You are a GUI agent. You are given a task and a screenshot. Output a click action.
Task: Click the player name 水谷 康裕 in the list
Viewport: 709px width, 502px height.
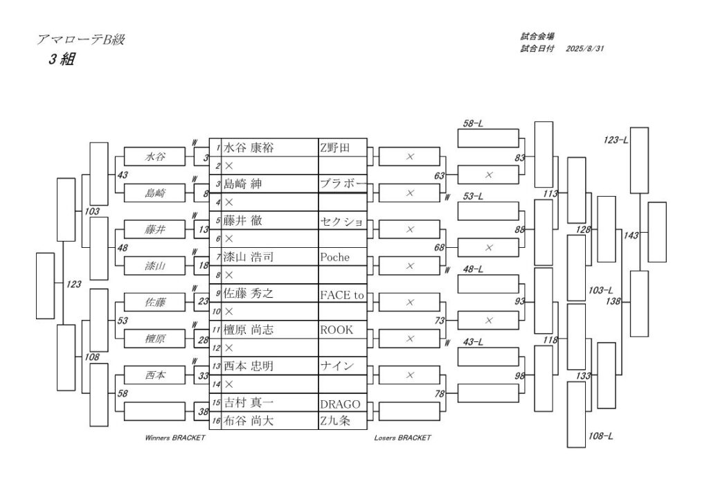coord(249,147)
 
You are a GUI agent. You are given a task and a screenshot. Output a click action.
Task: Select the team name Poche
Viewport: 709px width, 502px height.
coord(335,257)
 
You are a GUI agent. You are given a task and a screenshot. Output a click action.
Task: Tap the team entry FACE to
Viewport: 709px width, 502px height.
coord(341,294)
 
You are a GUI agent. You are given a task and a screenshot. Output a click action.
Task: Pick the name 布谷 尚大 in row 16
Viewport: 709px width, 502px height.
coord(249,420)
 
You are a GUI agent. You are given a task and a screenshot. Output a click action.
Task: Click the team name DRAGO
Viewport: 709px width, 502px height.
coord(339,404)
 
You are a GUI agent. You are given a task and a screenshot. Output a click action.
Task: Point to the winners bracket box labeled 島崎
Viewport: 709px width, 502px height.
coord(154,193)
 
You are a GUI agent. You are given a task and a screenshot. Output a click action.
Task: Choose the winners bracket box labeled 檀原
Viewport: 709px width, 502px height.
coord(154,339)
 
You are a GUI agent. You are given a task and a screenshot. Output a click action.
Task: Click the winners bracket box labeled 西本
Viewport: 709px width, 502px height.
coord(154,375)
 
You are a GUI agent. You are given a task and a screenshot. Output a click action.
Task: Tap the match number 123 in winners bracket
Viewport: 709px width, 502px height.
coord(73,284)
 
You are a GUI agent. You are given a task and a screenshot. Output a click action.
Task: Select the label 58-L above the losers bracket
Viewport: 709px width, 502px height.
coord(473,123)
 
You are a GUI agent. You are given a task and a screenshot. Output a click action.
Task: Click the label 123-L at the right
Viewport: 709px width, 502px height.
coord(616,141)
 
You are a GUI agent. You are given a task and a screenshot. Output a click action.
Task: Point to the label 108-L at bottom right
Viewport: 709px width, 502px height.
coord(600,436)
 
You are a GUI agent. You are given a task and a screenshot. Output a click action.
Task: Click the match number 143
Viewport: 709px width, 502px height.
coord(631,235)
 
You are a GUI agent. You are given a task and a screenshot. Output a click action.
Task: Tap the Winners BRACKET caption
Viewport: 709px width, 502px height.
coord(175,438)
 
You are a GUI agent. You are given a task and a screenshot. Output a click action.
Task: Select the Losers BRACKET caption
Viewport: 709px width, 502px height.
coord(402,438)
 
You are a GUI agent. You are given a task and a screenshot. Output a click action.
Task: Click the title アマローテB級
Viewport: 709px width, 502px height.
coord(80,40)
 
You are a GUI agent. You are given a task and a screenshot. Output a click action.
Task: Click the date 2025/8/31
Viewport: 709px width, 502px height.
coord(586,48)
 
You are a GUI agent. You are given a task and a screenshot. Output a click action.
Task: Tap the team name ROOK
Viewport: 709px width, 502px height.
coord(336,330)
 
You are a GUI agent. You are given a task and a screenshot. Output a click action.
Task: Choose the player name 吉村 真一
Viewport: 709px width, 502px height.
coord(249,402)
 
